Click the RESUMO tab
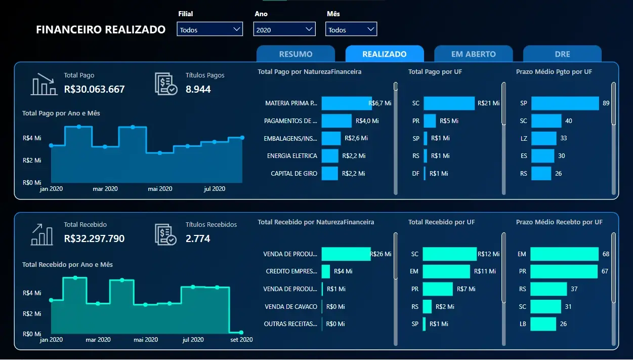[x=296, y=54]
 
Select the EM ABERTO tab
[x=473, y=54]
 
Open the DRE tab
[x=562, y=54]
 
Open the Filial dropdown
[x=210, y=30]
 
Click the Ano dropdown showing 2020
[x=284, y=30]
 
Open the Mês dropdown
[x=351, y=30]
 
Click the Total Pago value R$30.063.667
[x=94, y=90]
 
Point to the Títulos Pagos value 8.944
[x=198, y=90]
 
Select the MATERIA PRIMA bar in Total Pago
[x=347, y=103]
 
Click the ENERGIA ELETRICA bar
[x=330, y=156]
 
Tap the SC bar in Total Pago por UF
[x=449, y=103]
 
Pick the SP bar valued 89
[x=565, y=103]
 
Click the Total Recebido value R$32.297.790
[x=94, y=238]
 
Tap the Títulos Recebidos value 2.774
[x=198, y=238]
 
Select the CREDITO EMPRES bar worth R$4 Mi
[x=326, y=271]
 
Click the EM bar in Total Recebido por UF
[x=447, y=271]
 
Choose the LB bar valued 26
[x=543, y=324]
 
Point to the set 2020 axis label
[x=241, y=340]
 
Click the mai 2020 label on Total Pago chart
[x=160, y=189]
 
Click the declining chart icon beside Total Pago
[x=44, y=84]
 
